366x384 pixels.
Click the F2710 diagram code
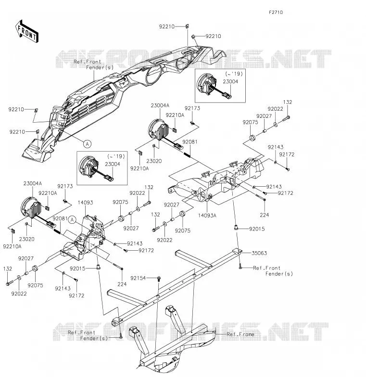click(x=276, y=12)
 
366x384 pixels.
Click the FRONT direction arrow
click(x=26, y=32)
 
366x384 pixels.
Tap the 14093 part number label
click(x=86, y=203)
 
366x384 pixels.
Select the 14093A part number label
click(x=207, y=216)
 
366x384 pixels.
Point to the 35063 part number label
click(x=259, y=253)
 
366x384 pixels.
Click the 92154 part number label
click(x=138, y=278)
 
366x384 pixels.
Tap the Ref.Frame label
click(x=240, y=334)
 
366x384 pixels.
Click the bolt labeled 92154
click(x=159, y=278)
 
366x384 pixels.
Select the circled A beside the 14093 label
click(x=72, y=220)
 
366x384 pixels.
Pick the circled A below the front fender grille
click(x=88, y=144)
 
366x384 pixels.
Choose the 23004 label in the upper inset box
click(x=230, y=81)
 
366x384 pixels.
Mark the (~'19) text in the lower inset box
click(x=116, y=156)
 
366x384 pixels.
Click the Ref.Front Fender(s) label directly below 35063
click(x=273, y=271)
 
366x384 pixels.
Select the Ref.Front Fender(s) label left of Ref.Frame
click(x=88, y=335)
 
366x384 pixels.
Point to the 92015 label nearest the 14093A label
click(x=257, y=229)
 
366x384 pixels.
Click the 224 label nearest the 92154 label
click(x=122, y=284)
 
